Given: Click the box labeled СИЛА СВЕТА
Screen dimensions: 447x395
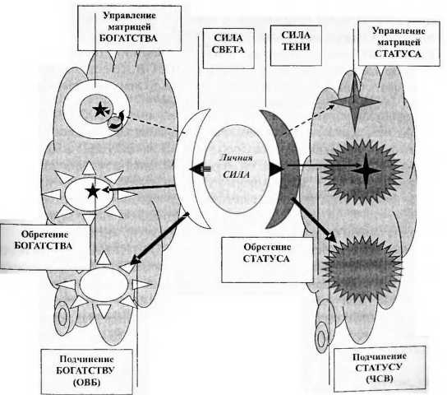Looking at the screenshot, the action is tap(228, 49).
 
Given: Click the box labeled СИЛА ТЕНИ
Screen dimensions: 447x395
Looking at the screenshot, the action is tap(296, 45).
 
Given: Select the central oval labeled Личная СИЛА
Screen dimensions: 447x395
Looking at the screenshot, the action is tap(237, 169).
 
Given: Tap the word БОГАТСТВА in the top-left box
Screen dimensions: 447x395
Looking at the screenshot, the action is tap(128, 38).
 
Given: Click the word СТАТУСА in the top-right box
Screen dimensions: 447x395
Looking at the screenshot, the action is tap(398, 53).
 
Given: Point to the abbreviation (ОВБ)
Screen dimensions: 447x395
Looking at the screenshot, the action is tap(86, 382).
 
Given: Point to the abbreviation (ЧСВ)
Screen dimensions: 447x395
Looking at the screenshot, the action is tap(380, 379).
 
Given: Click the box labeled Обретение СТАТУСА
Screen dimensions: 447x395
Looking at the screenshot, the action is tap(267, 260).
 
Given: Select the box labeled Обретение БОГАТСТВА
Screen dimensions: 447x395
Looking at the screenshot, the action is tap(45, 247).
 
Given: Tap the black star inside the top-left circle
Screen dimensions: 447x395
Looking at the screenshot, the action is tap(99, 109).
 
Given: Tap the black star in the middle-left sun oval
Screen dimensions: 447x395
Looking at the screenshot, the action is tap(93, 191).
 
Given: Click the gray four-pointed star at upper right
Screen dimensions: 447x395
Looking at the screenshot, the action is tap(355, 101).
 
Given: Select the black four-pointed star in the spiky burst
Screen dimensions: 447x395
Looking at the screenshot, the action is tap(366, 170).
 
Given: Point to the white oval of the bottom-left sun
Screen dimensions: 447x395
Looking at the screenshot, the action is tap(104, 284).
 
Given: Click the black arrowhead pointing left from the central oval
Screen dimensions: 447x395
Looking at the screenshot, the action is tap(196, 169).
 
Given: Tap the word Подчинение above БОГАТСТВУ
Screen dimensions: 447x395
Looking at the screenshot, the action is tap(86, 359).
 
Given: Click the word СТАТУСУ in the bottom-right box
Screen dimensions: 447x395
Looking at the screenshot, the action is tap(379, 368).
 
